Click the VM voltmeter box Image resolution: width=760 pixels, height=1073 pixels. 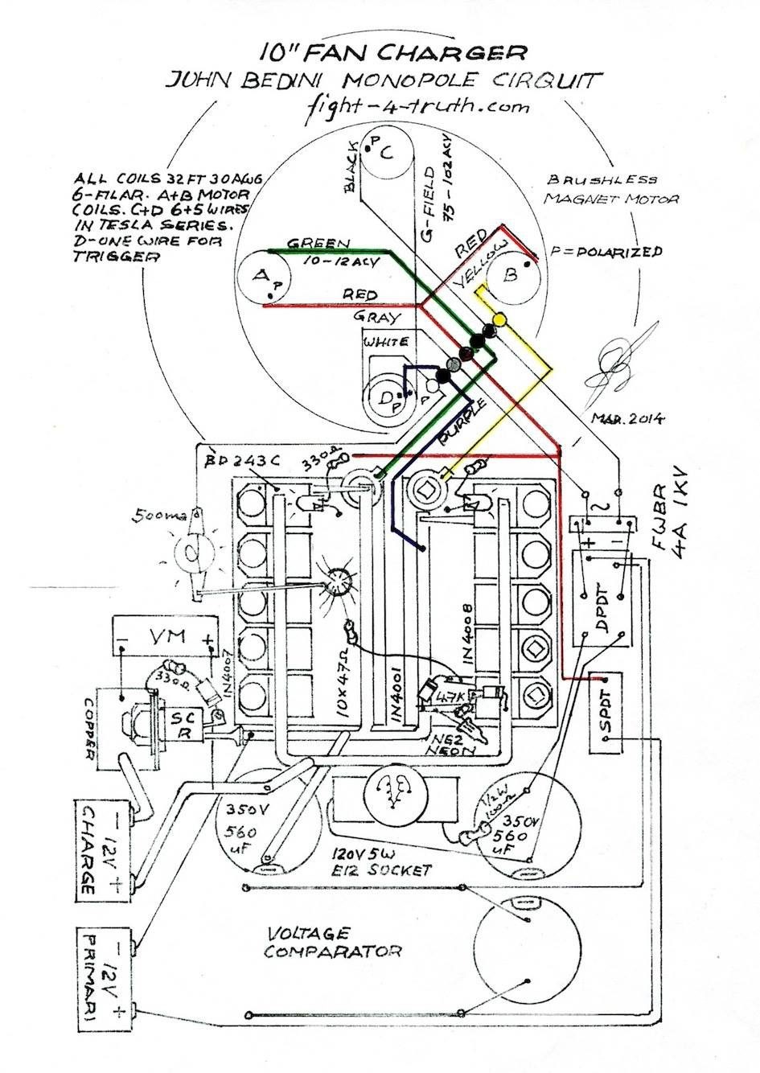pyautogui.click(x=166, y=639)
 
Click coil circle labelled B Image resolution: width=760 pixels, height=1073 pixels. pyautogui.click(x=511, y=275)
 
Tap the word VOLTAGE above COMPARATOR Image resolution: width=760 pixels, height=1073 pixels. pyautogui.click(x=309, y=934)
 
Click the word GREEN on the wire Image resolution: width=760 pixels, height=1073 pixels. pyautogui.click(x=318, y=244)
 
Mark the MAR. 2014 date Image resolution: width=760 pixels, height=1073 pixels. pyautogui.click(x=626, y=418)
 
